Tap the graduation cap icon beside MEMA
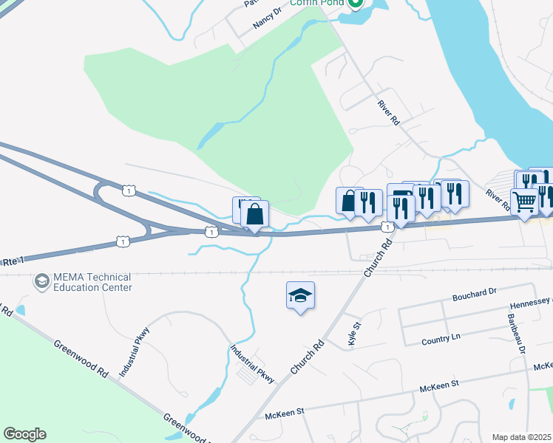click(x=42, y=281)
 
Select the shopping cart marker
click(x=524, y=201)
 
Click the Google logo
click(x=24, y=434)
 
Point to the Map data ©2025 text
click(x=521, y=437)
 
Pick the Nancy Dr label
click(x=267, y=18)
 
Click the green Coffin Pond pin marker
click(x=355, y=4)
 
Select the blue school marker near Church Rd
click(x=300, y=295)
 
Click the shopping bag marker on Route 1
click(x=254, y=215)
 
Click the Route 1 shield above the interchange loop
click(x=130, y=190)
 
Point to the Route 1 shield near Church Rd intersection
click(x=386, y=227)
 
